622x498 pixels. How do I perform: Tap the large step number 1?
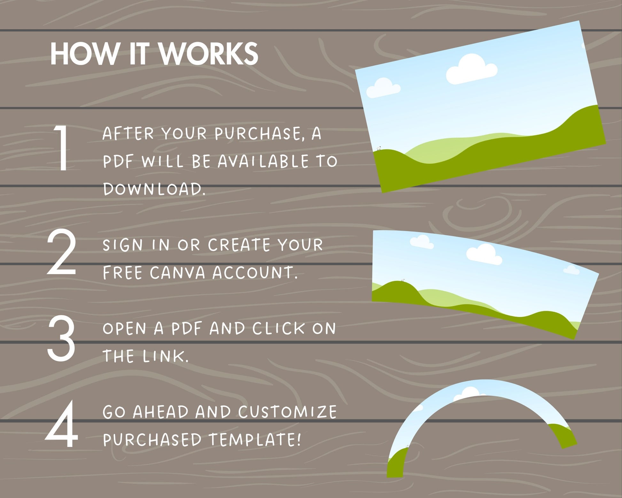[x=61, y=147]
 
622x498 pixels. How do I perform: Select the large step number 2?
[x=62, y=252]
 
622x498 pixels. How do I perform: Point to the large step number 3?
[x=61, y=338]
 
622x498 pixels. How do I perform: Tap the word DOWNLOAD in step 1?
[x=154, y=189]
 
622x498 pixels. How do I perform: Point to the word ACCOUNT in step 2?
[x=255, y=273]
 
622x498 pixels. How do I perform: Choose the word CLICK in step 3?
[x=278, y=328]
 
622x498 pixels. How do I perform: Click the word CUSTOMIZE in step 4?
[x=287, y=412]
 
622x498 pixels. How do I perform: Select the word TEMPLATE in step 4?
[x=255, y=439]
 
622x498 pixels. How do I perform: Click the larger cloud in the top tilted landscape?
[x=471, y=69]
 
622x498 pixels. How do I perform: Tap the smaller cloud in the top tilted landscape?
[x=383, y=88]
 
